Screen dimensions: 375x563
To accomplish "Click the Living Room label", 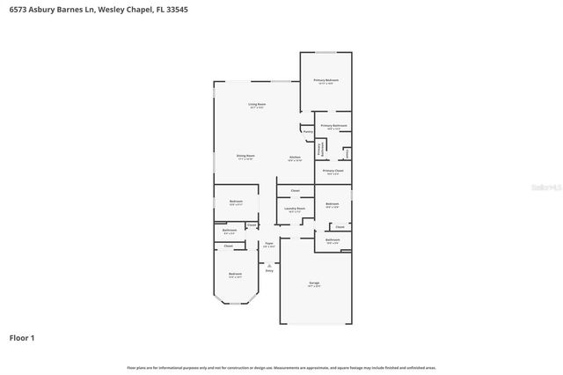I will click(x=257, y=104).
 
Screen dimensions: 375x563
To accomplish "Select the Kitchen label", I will click(x=295, y=157).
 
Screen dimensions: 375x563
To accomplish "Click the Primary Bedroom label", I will click(x=326, y=80).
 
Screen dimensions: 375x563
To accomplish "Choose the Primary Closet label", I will click(x=333, y=170).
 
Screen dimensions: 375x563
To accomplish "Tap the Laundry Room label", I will click(x=294, y=209).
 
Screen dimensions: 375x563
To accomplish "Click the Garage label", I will click(x=314, y=283).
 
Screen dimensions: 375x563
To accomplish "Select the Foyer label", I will click(x=269, y=245).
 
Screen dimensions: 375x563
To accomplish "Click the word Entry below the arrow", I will click(x=269, y=270).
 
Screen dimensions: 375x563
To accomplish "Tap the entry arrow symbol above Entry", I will click(x=269, y=264).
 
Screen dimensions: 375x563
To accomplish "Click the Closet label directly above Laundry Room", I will click(x=295, y=190).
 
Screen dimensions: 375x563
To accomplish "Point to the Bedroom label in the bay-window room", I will click(x=235, y=275).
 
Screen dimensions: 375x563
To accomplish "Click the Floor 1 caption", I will click(x=22, y=337).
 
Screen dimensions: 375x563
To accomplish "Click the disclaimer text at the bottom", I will click(x=281, y=367).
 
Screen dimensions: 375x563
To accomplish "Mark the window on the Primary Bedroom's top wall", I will click(x=326, y=52).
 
